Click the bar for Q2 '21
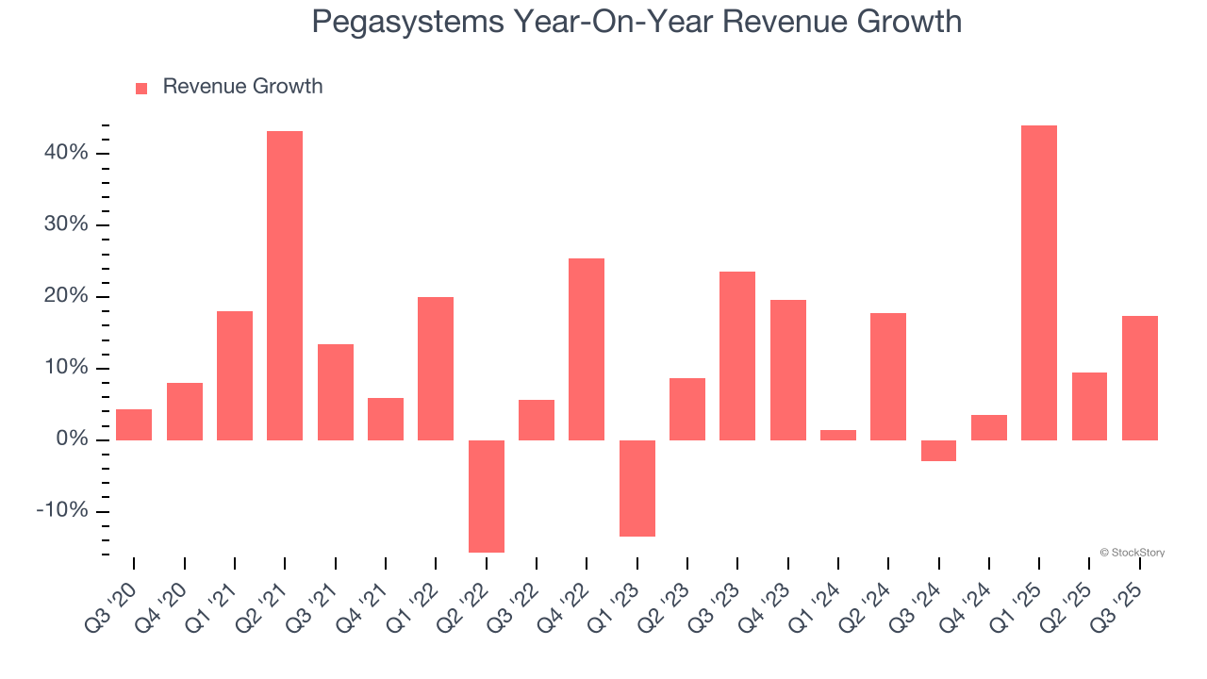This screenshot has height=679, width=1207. pyautogui.click(x=285, y=286)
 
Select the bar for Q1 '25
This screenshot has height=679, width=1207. pyautogui.click(x=1039, y=283)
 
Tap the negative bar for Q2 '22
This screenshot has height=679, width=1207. pyautogui.click(x=487, y=496)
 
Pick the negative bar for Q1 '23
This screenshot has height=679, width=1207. pyautogui.click(x=637, y=489)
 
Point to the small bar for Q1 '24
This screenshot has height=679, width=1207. pyautogui.click(x=838, y=435)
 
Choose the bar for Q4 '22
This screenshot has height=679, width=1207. pyautogui.click(x=587, y=349)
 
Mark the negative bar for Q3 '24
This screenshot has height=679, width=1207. pyautogui.click(x=939, y=451)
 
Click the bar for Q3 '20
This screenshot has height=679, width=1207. pyautogui.click(x=134, y=424)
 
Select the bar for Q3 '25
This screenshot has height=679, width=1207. pyautogui.click(x=1140, y=378)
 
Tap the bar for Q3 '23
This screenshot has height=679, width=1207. pyautogui.click(x=737, y=356)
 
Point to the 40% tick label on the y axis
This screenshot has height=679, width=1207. pyautogui.click(x=65, y=153)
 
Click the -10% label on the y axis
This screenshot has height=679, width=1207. pyautogui.click(x=62, y=511)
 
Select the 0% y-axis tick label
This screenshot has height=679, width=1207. pyautogui.click(x=71, y=439)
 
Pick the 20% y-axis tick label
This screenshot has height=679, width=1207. pyautogui.click(x=65, y=296)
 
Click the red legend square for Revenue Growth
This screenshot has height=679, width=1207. pyautogui.click(x=141, y=88)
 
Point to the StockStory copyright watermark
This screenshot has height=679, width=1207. pyautogui.click(x=1132, y=553)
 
